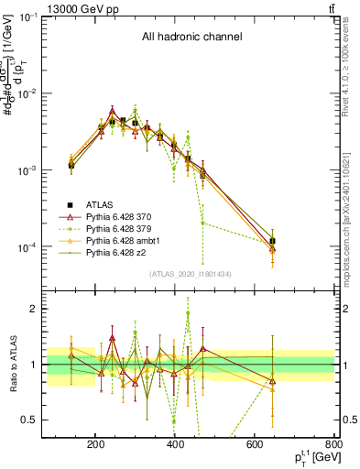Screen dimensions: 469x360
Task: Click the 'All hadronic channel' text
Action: click(x=191, y=38)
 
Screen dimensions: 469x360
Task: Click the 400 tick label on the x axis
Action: click(x=176, y=443)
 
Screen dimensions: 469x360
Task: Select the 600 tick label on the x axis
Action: click(x=256, y=443)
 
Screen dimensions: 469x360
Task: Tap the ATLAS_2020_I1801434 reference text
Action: click(x=191, y=274)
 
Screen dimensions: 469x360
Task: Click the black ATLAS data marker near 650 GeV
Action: click(x=273, y=241)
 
